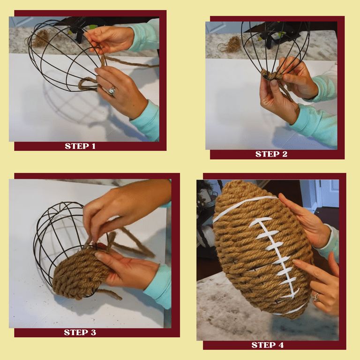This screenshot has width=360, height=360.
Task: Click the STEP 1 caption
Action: coord(80,146)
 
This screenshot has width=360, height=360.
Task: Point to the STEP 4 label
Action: coord(267,345)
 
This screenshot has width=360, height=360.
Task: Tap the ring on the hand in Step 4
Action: coord(317,296)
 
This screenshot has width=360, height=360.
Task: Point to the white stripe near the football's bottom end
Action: coord(293,309)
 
